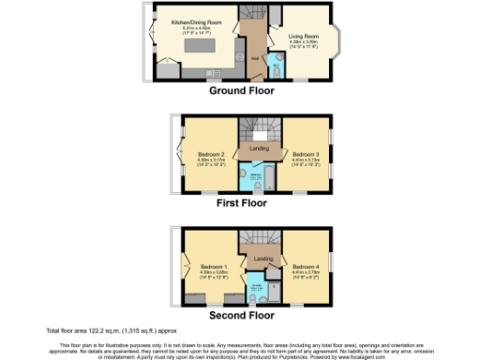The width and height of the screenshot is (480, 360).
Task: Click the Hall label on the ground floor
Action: (x=253, y=55)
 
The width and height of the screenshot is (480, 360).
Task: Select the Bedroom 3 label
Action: (x=306, y=155)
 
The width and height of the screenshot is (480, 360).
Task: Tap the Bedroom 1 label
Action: (x=214, y=266)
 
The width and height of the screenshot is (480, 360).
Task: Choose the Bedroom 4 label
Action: (x=306, y=266)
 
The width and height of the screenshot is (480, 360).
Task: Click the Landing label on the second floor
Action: (x=264, y=259)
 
